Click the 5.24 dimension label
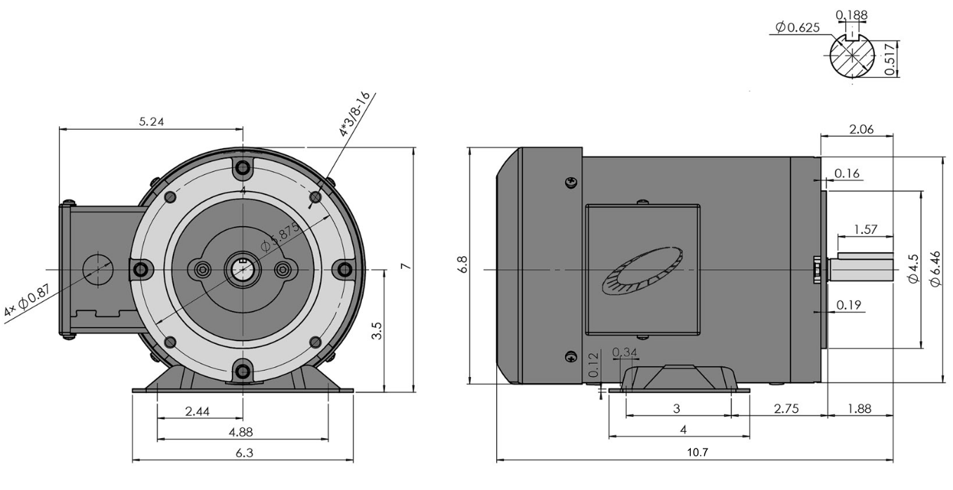pos(152,121)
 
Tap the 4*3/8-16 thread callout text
pos(355,114)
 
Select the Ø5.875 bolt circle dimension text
pos(280,237)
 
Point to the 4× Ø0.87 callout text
pos(27,300)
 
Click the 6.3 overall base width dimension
pos(244,453)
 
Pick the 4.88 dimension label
pos(241,432)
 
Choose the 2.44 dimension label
pos(197,411)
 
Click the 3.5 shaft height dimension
pos(377,331)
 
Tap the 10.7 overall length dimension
pos(698,452)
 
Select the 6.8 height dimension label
pos(463,265)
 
